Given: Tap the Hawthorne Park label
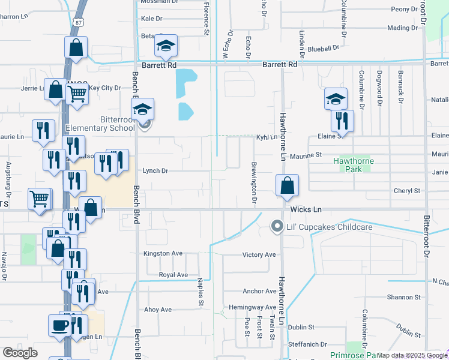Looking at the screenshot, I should tap(354, 165).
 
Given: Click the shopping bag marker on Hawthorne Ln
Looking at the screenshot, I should tap(288, 187).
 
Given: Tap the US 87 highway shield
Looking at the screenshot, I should tap(77, 22).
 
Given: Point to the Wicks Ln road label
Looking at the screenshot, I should tap(306, 209).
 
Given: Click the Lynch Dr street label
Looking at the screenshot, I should tap(155, 170).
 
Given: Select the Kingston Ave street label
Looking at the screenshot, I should tap(163, 253).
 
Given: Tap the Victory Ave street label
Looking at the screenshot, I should tap(259, 254).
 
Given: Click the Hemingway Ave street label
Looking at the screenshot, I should tap(252, 307).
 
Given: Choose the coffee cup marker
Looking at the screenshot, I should tap(59, 325).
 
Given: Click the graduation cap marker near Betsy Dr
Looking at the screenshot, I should tap(165, 46).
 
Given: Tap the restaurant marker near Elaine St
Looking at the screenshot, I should tap(342, 121).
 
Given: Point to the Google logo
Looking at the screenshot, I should tap(20, 353).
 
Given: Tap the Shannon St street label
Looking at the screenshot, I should tap(403, 297).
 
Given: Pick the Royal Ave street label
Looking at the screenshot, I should tap(173, 275).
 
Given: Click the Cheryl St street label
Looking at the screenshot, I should tap(406, 191).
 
